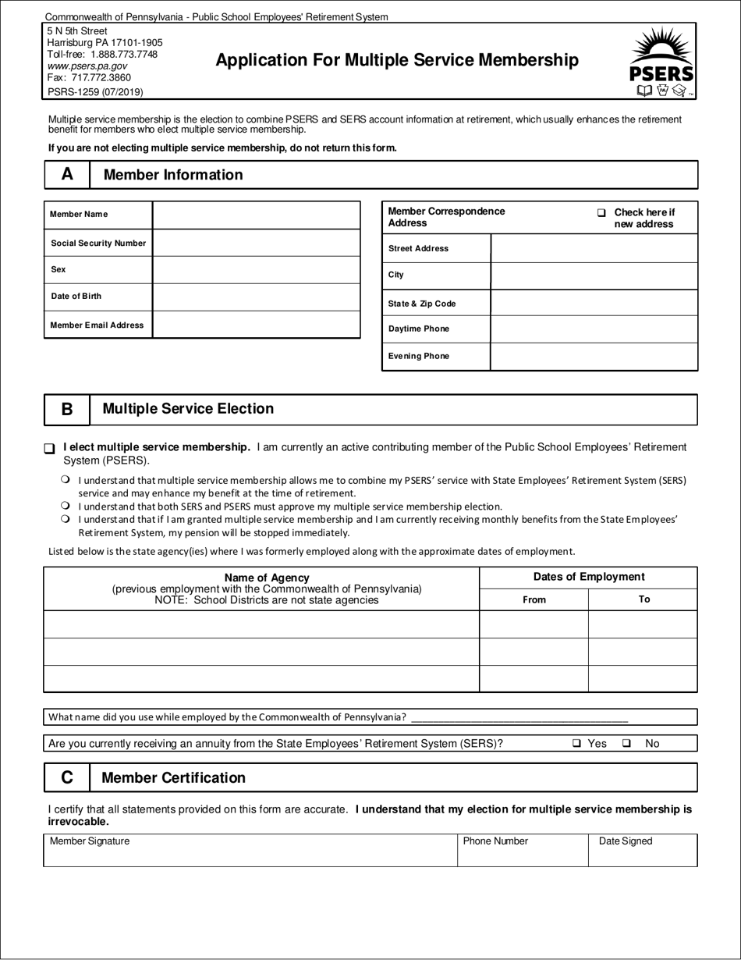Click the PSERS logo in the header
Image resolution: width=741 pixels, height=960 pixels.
(x=661, y=62)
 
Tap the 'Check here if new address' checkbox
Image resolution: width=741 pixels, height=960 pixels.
(x=601, y=213)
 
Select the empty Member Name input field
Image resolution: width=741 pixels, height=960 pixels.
(x=256, y=215)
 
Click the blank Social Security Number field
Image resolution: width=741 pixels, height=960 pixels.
(x=256, y=243)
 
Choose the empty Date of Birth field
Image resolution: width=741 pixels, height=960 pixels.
(x=256, y=297)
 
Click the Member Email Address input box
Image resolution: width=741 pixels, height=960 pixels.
(x=256, y=325)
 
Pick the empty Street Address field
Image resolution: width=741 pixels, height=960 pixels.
(x=594, y=248)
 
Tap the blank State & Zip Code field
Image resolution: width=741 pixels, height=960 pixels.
(x=594, y=303)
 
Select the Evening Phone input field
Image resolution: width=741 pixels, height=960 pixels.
(x=594, y=356)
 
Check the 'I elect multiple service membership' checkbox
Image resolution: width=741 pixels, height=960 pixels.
(x=50, y=449)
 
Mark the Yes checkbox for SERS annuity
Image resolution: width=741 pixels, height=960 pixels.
(x=576, y=744)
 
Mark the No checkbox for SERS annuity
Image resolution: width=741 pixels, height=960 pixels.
(x=626, y=744)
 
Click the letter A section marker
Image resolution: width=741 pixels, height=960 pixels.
(x=67, y=175)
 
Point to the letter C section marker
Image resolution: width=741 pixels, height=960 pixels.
(x=67, y=778)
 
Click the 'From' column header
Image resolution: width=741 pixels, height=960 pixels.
(x=534, y=599)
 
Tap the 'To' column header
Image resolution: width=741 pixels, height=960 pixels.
(x=643, y=599)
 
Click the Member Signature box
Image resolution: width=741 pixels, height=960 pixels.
(x=250, y=852)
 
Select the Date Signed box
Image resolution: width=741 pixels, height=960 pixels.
(x=643, y=852)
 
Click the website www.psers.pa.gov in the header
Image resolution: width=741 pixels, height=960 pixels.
(x=87, y=66)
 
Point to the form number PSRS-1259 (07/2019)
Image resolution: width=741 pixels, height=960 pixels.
(x=95, y=91)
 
